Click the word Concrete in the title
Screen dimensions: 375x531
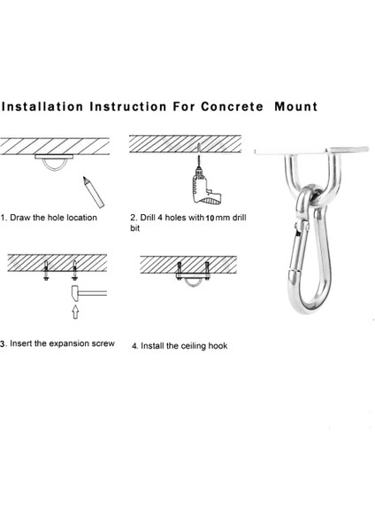232,107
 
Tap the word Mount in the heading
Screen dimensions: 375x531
296,107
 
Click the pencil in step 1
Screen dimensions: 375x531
94,192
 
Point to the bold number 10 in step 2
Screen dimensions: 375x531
210,218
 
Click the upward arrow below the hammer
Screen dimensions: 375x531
75,312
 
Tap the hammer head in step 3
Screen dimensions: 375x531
75,293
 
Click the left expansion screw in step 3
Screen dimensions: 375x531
46,270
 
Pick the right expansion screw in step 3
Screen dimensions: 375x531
74,270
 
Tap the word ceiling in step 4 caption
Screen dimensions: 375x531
194,346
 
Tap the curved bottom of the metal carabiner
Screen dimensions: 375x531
307,304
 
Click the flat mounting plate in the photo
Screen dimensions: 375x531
311,150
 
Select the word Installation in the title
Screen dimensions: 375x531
42,107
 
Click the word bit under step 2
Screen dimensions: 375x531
134,228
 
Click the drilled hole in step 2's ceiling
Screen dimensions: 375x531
198,148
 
